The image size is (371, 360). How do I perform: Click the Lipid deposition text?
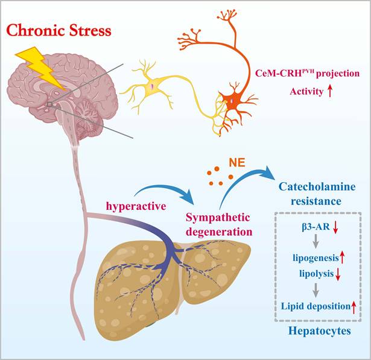click(x=313, y=307)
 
